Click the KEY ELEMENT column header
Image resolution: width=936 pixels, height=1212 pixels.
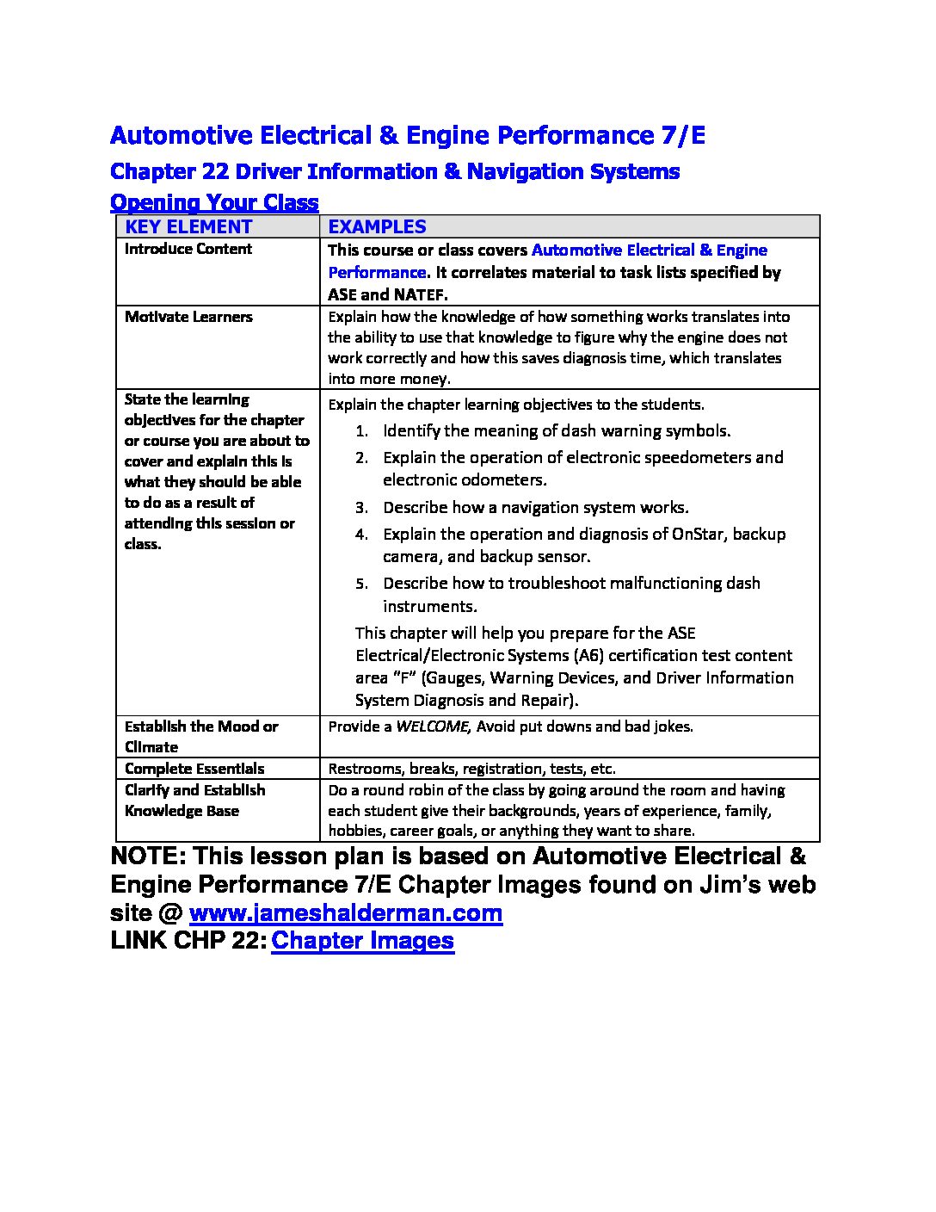[188, 226]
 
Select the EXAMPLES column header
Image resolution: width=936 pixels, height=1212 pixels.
[377, 226]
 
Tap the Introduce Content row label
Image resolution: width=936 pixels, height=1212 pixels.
[188, 249]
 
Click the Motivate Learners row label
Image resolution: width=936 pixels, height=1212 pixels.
[188, 317]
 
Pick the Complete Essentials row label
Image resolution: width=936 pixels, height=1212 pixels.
[194, 769]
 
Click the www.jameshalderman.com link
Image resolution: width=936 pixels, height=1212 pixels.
[345, 912]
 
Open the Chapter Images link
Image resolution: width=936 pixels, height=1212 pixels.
[362, 940]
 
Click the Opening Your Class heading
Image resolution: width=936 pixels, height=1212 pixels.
[214, 203]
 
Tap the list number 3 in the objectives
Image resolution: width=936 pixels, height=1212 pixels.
[362, 508]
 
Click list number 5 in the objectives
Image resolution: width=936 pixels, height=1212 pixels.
[362, 584]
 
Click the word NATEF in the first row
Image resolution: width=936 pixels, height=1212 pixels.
[419, 294]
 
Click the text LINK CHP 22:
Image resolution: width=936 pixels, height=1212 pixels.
[188, 940]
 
